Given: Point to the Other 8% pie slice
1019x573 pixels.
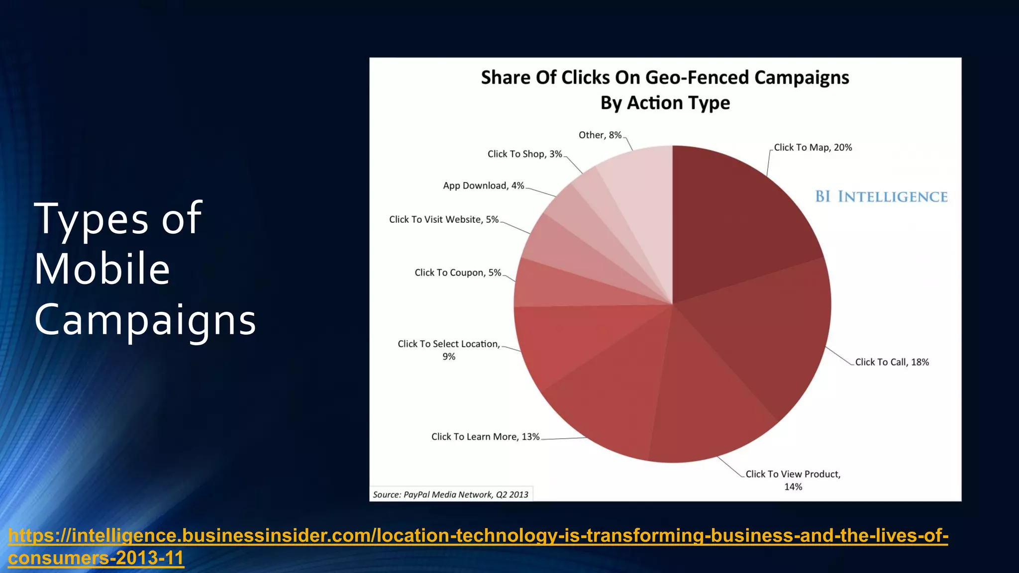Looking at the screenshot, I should pos(642,199).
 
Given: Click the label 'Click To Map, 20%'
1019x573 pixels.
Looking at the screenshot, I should pos(813,148).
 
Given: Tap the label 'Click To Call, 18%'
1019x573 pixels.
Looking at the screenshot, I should pos(892,362).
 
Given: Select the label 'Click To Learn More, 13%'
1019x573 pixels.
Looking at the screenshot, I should pos(485,437).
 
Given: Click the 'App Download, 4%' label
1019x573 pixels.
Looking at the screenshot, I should pos(483,186).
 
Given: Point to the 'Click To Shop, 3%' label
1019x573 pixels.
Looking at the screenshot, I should pos(524,154).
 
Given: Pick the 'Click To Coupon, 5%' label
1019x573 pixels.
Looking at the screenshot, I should pos(458,273).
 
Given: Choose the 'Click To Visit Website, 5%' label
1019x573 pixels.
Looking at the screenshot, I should pos(443,219).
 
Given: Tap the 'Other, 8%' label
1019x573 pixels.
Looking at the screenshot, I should pos(600,135).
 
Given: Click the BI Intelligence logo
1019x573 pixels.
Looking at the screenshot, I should pos(881,197).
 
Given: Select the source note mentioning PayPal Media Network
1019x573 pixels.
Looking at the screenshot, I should pos(450,494).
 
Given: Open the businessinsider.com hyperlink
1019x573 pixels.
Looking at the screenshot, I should pos(478,536).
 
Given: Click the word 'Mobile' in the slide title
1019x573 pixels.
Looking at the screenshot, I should pos(102,269).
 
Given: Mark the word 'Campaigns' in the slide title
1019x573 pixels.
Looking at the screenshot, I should pos(145,320).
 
